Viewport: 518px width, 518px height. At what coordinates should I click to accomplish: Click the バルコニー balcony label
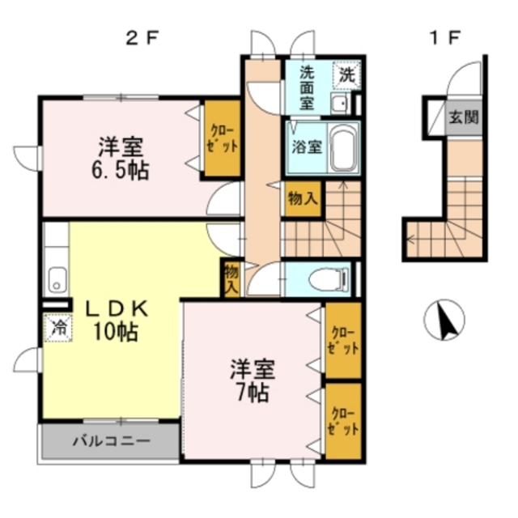point(110,442)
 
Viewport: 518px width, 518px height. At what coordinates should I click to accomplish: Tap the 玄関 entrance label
point(464,117)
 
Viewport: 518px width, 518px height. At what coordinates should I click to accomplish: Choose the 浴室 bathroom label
point(307,148)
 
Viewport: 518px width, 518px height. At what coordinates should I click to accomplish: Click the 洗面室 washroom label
point(308,87)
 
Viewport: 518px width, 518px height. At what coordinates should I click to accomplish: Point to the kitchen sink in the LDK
point(56,279)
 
